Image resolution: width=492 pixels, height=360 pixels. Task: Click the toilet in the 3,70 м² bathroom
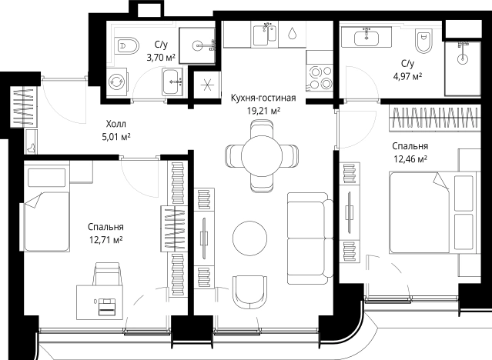(127, 46)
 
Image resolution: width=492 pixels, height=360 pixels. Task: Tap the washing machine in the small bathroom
(117, 82)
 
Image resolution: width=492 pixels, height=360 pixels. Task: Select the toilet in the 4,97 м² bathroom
(423, 41)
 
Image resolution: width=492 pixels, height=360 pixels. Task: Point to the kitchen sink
(265, 35)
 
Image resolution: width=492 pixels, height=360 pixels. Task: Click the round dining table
(262, 156)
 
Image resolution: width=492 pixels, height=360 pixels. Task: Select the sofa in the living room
(310, 238)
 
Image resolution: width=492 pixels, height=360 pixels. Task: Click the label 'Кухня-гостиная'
(263, 98)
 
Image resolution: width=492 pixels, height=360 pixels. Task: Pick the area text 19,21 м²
(263, 111)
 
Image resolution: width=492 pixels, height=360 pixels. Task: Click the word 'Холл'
(116, 124)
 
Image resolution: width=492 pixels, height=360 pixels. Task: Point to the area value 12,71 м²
(105, 240)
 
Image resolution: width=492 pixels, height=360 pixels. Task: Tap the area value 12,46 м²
(410, 159)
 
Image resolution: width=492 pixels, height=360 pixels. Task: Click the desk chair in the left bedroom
(108, 273)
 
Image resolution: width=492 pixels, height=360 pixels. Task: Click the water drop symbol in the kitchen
(292, 32)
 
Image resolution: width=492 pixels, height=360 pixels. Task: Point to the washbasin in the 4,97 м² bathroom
(366, 38)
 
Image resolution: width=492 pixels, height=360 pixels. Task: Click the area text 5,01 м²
(116, 137)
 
